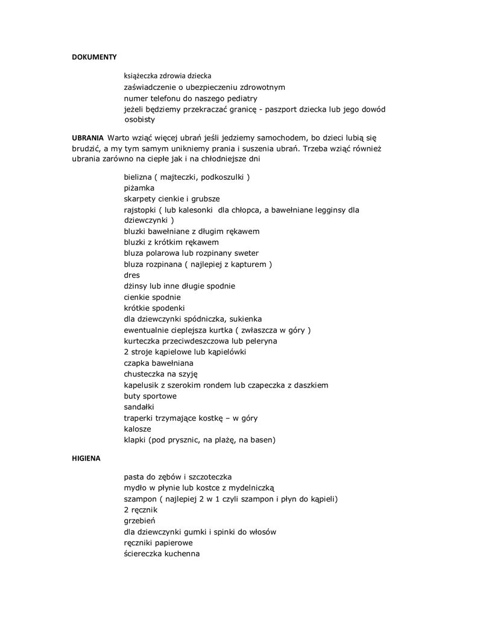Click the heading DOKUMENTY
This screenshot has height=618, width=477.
(x=94, y=57)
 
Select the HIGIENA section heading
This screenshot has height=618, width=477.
(x=86, y=458)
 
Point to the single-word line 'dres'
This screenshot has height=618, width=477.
(x=131, y=275)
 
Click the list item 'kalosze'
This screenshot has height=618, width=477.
(x=137, y=428)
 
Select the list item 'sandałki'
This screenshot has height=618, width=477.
(x=139, y=407)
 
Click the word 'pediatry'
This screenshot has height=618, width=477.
(x=242, y=98)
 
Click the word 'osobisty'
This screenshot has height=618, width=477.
(x=139, y=120)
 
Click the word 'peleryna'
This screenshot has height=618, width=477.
(x=261, y=341)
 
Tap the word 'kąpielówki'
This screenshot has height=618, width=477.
(x=227, y=352)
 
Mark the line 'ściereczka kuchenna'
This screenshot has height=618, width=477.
(x=162, y=553)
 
